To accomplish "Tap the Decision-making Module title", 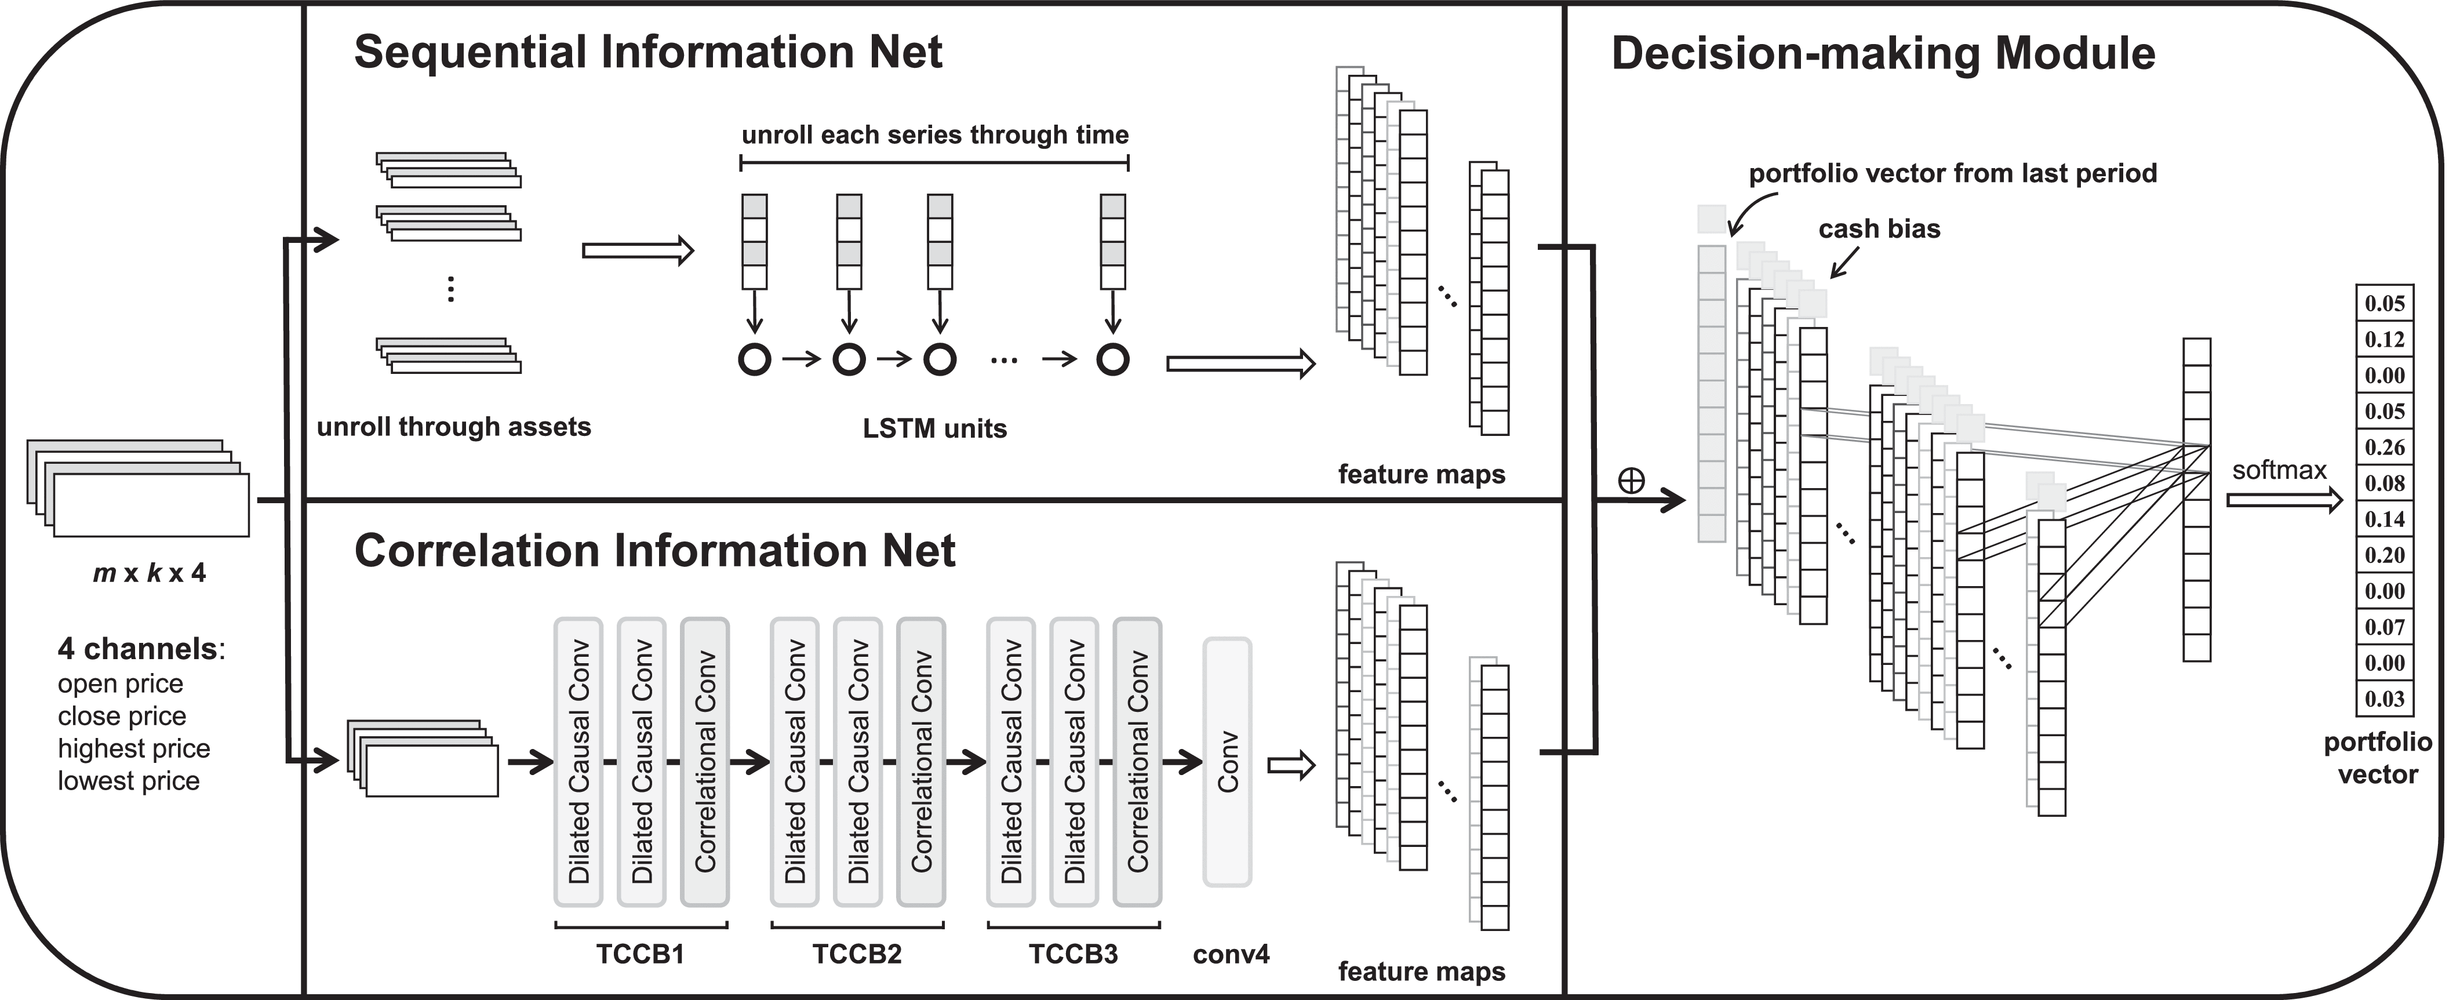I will tap(1882, 53).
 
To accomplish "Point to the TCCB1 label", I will tap(640, 954).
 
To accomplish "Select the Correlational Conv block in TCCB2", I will tap(920, 761).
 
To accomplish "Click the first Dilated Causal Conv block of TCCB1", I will tap(578, 761).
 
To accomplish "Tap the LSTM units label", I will tap(934, 429).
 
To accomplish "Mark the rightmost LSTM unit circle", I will tap(1112, 359).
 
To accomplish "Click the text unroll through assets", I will tap(453, 427).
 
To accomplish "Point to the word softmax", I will tap(2279, 470).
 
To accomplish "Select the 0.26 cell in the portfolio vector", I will tap(2384, 447).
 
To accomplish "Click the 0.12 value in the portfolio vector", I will tap(2384, 339).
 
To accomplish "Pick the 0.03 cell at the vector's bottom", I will tap(2384, 699).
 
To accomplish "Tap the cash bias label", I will tap(1879, 229).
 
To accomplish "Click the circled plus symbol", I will tap(1631, 481).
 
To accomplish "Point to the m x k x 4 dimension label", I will tap(150, 572).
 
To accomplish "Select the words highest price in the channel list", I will tap(133, 748).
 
